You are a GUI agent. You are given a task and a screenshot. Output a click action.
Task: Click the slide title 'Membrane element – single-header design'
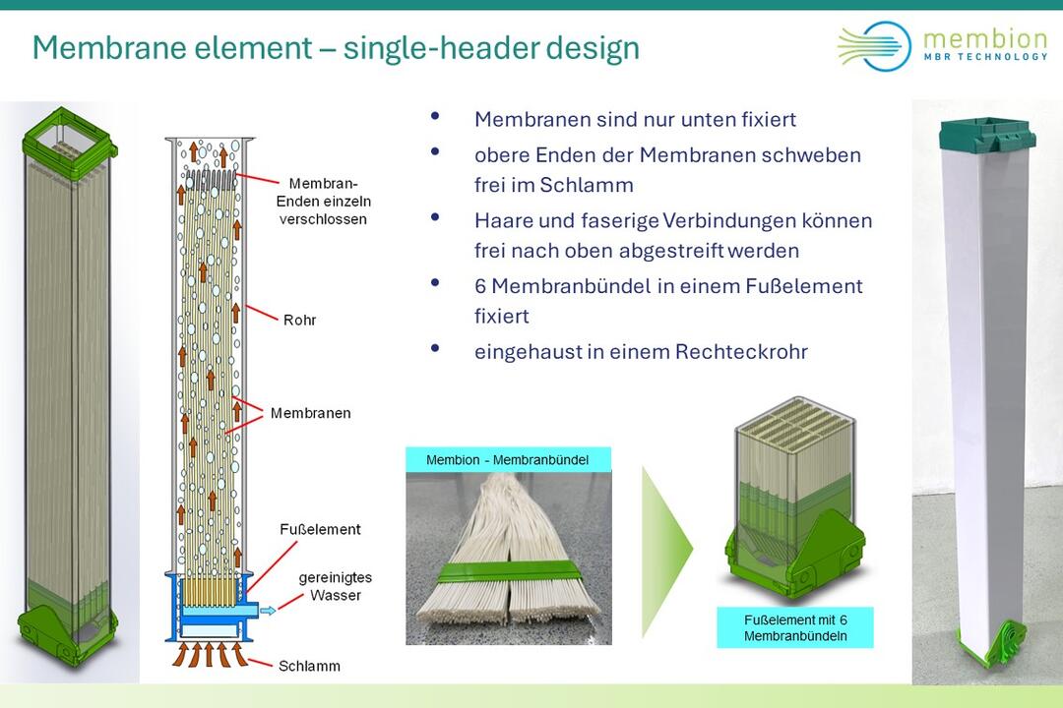click(x=336, y=48)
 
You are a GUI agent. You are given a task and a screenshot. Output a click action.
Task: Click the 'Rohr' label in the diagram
click(x=299, y=320)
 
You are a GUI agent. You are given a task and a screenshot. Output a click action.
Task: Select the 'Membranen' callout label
click(x=310, y=413)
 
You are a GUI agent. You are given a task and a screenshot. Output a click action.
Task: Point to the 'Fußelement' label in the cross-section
click(x=320, y=529)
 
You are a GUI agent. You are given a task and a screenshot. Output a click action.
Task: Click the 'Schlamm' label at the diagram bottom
click(x=309, y=666)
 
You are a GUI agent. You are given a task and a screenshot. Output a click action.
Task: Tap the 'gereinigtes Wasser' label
click(x=336, y=586)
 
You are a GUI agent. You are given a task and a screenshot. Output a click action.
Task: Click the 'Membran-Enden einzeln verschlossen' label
click(x=324, y=202)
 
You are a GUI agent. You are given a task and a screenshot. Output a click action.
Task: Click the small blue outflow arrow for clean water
click(x=268, y=611)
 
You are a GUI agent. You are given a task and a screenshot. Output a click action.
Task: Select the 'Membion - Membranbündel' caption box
click(x=508, y=460)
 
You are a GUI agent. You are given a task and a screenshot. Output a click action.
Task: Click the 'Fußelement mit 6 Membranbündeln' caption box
click(x=795, y=627)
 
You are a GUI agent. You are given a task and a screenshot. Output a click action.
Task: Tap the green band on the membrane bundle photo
click(x=509, y=572)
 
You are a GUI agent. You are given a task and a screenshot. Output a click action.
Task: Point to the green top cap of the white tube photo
click(x=986, y=134)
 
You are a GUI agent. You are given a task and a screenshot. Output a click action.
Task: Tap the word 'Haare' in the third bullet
click(x=499, y=221)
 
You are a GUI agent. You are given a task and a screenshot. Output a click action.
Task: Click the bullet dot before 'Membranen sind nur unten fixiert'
click(x=435, y=117)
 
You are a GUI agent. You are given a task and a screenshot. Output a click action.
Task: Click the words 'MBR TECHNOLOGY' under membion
click(x=985, y=57)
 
